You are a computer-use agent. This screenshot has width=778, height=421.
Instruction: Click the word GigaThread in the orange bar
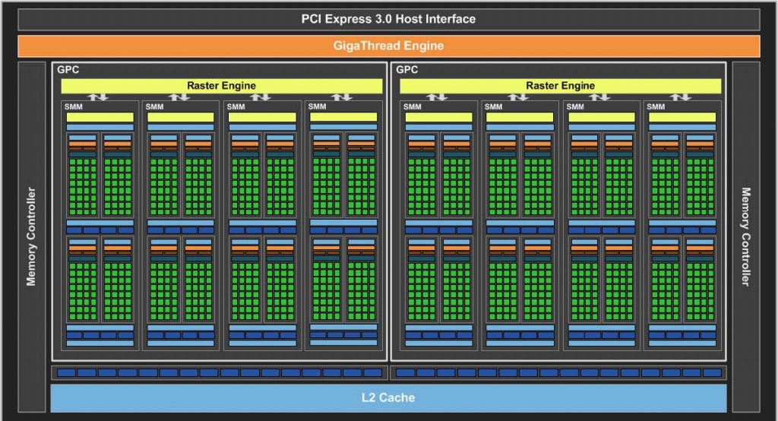363,46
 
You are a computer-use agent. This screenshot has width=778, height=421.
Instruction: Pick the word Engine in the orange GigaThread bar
424,46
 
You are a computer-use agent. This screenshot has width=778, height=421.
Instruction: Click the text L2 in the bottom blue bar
369,397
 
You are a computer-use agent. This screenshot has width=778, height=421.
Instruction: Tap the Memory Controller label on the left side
31,236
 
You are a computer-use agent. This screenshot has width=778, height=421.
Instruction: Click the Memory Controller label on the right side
745,236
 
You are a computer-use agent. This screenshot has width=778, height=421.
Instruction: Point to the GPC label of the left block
68,70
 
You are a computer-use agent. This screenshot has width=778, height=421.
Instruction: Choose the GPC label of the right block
407,70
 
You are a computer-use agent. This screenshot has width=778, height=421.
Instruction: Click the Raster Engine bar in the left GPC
221,86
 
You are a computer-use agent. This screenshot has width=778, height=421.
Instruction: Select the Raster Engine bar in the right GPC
561,86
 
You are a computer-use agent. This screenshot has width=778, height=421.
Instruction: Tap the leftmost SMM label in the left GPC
73,106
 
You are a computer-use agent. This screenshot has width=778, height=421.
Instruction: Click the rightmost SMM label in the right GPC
656,106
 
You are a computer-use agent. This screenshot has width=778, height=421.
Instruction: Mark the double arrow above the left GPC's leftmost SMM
99,97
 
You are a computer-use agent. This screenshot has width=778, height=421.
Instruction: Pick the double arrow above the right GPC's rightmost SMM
682,97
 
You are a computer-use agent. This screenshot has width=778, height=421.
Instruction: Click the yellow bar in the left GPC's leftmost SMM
100,117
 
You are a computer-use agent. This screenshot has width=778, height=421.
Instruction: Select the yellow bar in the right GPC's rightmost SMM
682,117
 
